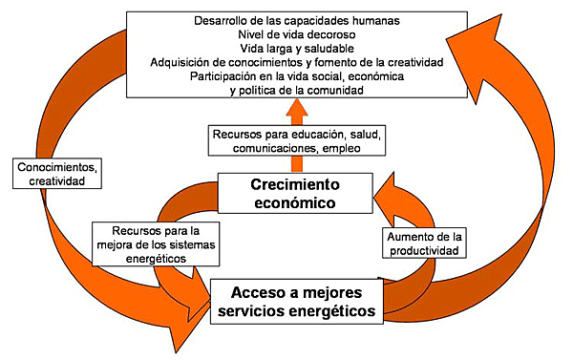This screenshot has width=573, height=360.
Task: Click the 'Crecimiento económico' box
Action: (296, 192)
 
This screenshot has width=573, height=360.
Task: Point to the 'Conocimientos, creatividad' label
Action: (56, 173)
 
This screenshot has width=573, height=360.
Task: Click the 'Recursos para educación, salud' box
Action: (296, 141)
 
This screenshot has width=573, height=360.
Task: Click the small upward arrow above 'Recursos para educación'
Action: (296, 112)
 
